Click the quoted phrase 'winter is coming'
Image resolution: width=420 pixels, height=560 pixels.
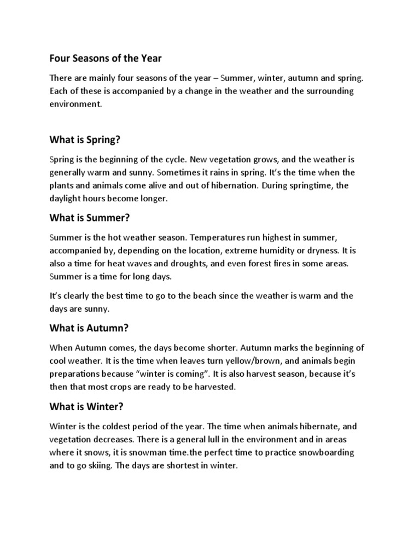click(179, 374)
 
